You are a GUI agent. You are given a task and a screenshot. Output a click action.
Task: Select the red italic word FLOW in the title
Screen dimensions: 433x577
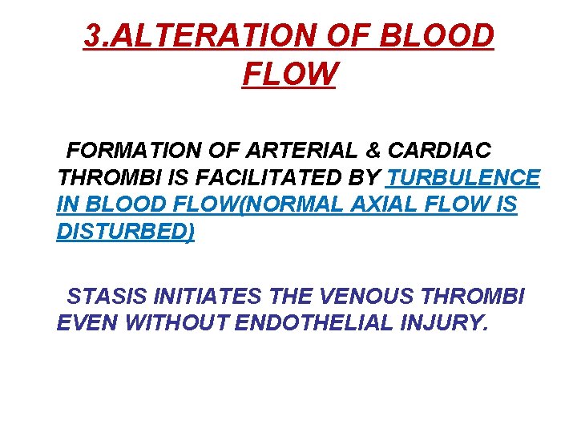pyautogui.click(x=288, y=75)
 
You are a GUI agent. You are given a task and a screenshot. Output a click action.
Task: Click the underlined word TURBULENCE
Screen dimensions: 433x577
pyautogui.click(x=463, y=177)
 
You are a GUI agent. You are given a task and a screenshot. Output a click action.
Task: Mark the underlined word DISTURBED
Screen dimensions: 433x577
pyautogui.click(x=126, y=232)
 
